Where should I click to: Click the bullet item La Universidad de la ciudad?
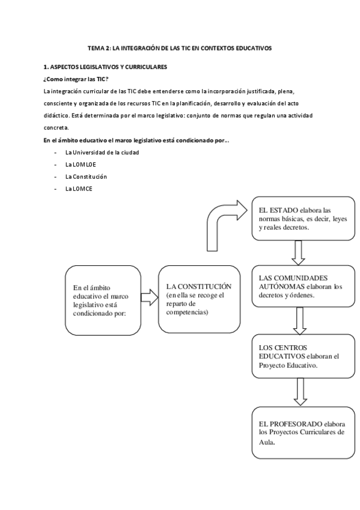[x=102, y=153]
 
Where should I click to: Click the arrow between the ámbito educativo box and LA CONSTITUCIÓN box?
[x=148, y=296]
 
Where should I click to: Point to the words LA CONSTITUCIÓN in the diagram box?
[x=198, y=286]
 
